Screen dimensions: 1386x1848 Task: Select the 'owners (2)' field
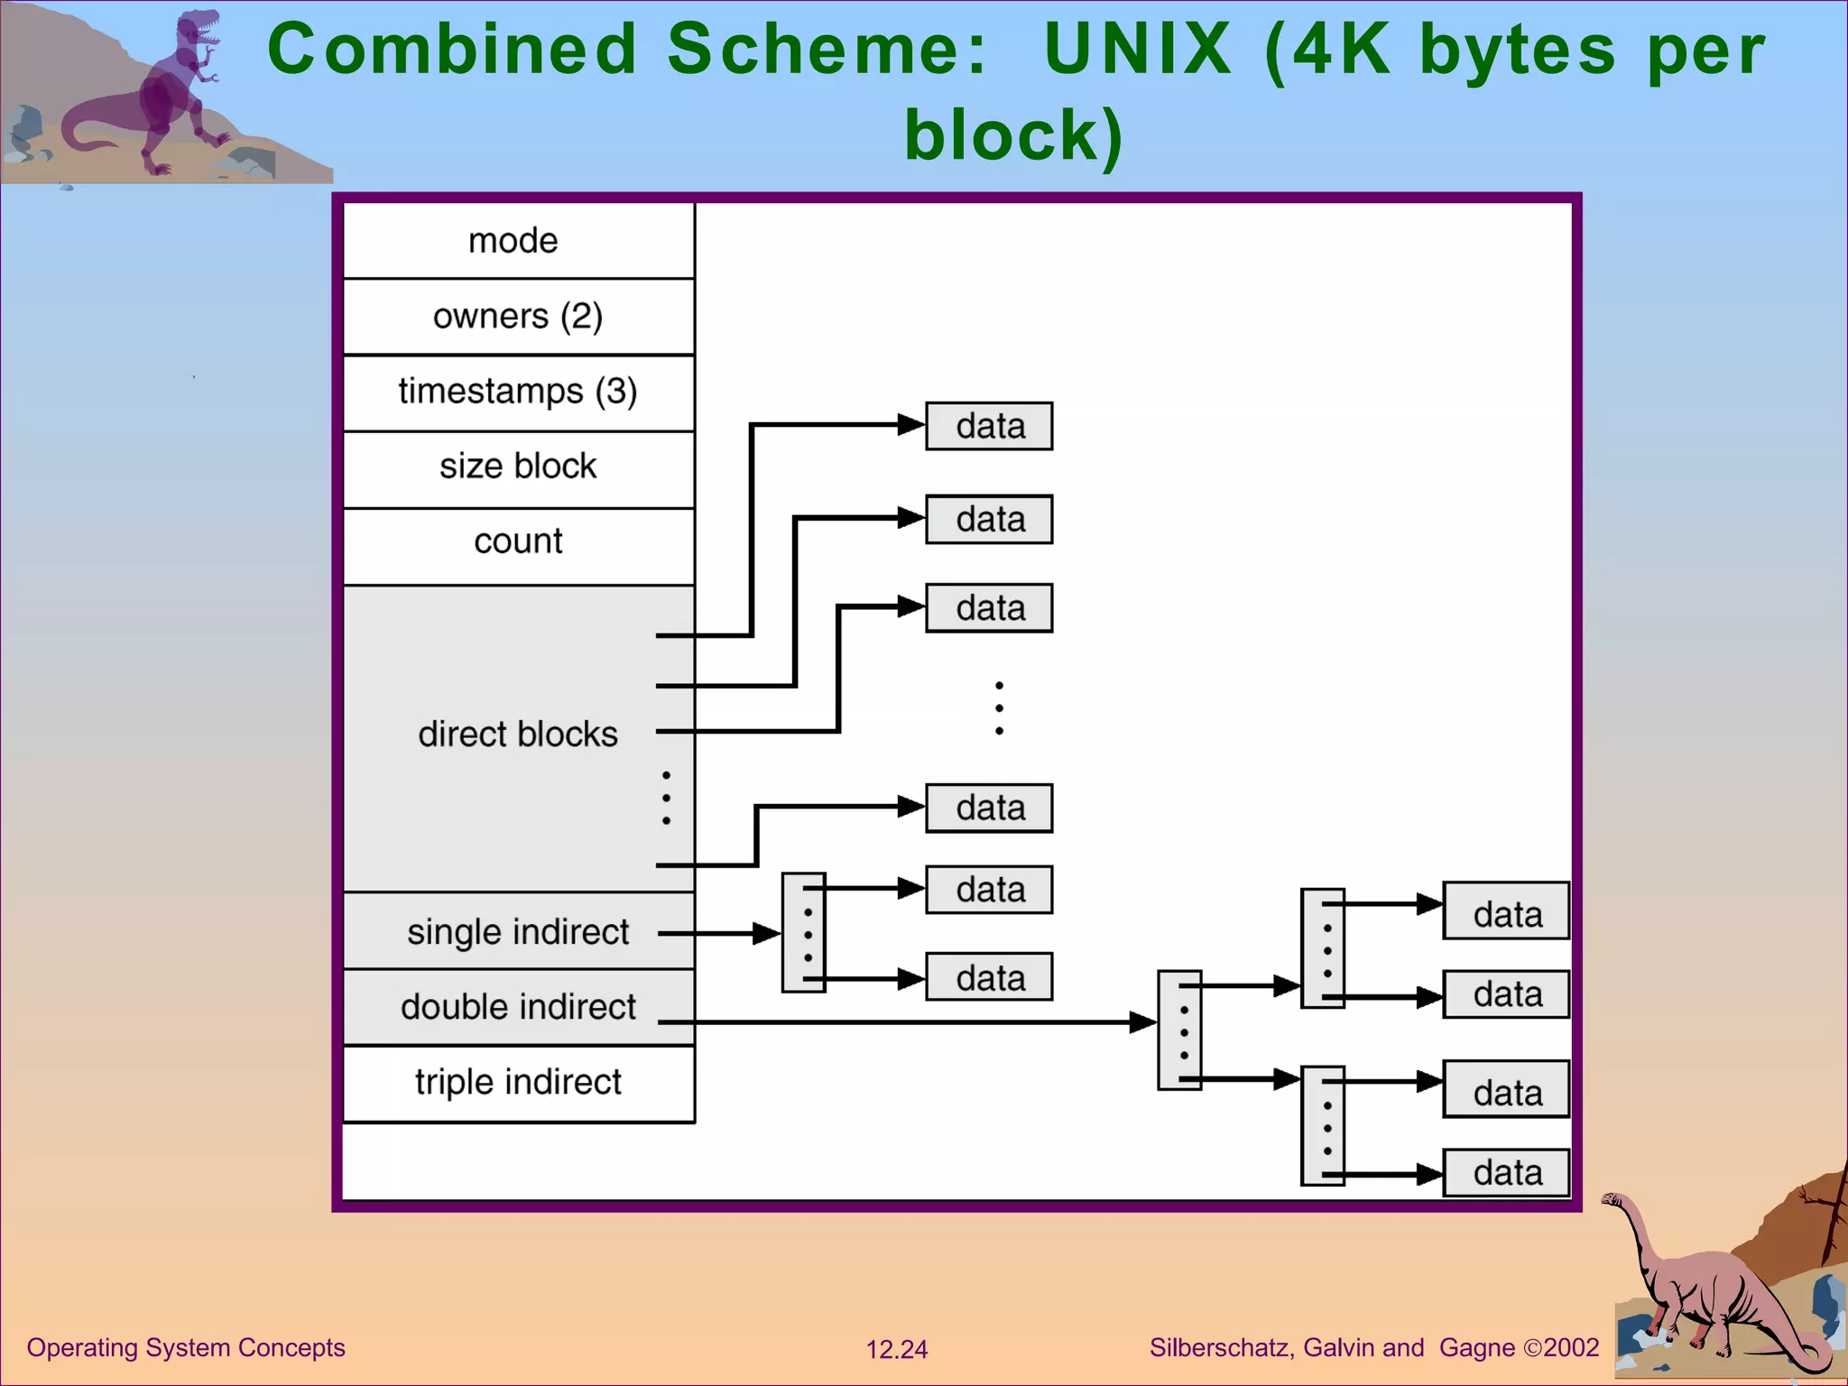click(518, 317)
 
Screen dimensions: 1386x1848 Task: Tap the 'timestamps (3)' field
click(518, 392)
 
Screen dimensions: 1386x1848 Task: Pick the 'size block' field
click(518, 467)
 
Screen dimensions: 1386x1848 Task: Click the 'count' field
click(518, 541)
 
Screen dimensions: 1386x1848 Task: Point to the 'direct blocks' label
click(518, 735)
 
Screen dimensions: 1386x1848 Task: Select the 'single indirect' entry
click(518, 932)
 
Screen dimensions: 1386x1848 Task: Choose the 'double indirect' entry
click(518, 1007)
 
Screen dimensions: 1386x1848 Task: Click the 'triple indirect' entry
click(518, 1082)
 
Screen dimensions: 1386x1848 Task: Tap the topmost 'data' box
click(989, 426)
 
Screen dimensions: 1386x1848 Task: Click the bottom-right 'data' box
click(1506, 1173)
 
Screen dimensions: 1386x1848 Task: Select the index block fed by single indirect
click(804, 933)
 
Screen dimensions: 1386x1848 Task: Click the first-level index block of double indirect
click(1179, 1030)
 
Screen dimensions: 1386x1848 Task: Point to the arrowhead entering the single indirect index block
click(769, 933)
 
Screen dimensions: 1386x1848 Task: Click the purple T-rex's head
click(199, 27)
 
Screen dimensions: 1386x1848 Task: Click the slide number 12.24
click(896, 1350)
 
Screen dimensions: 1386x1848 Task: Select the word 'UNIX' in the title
click(1137, 49)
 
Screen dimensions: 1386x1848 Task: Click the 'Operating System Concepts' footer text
click(186, 1348)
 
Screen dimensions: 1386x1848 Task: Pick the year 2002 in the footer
click(1571, 1348)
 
